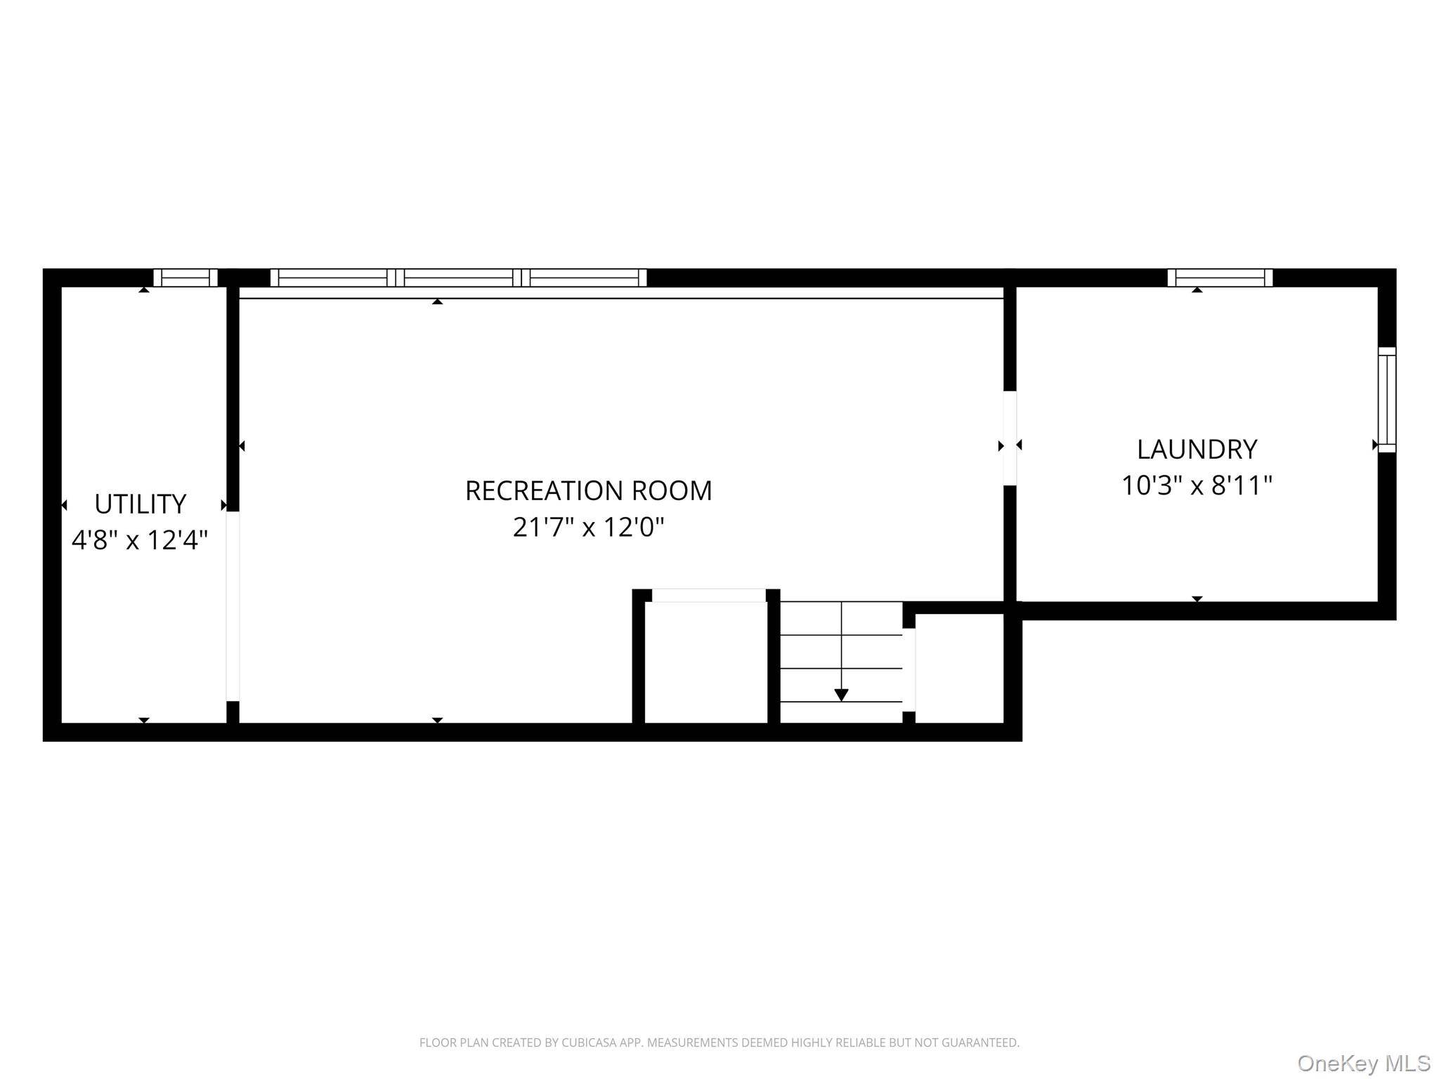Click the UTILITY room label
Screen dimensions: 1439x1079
point(140,504)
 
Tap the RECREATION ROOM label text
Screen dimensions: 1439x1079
point(588,491)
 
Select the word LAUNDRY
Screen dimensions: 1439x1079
point(1197,449)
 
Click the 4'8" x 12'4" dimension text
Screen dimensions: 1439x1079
point(140,539)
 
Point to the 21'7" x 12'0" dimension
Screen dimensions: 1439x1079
point(588,526)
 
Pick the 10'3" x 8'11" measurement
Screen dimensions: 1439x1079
point(1197,485)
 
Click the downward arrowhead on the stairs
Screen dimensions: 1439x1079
point(841,695)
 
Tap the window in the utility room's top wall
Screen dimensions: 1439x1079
point(185,277)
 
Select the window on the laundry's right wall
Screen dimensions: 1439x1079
point(1386,400)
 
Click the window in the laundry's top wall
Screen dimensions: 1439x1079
point(1220,277)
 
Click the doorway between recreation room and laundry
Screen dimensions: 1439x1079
point(1010,438)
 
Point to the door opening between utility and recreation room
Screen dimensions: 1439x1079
point(233,606)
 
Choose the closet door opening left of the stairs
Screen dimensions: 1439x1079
point(709,595)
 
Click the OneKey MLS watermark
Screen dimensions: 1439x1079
point(1364,1064)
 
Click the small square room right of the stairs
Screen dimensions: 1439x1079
point(959,668)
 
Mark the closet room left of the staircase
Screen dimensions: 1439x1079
point(706,662)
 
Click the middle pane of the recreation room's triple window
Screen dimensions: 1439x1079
point(458,277)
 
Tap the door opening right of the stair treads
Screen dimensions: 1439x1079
point(909,669)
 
